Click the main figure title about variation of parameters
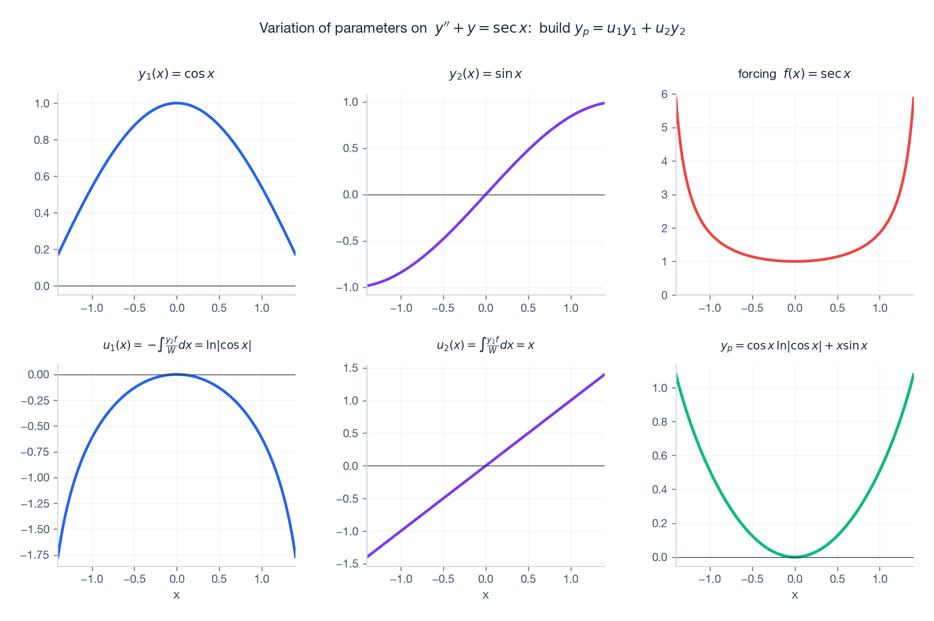pyautogui.click(x=472, y=28)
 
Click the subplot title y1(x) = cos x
pyautogui.click(x=176, y=74)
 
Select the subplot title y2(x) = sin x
pyautogui.click(x=485, y=74)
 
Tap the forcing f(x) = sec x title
pyautogui.click(x=794, y=74)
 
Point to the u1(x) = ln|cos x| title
pyautogui.click(x=177, y=345)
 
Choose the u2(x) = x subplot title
pyautogui.click(x=485, y=345)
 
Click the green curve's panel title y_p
pyautogui.click(x=794, y=346)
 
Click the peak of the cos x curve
pyautogui.click(x=177, y=103)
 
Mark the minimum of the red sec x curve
pyautogui.click(x=795, y=261)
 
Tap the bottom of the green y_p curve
pyautogui.click(x=795, y=557)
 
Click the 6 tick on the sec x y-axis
pyautogui.click(x=664, y=94)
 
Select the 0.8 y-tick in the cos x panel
pyautogui.click(x=42, y=140)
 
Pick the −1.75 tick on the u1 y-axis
pyautogui.click(x=35, y=555)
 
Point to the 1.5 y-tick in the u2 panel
pyautogui.click(x=351, y=368)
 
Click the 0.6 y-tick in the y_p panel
pyautogui.click(x=660, y=456)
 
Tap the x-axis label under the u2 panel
pyautogui.click(x=485, y=595)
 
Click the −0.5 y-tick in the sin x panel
pyautogui.click(x=347, y=241)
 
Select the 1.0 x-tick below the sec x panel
pyautogui.click(x=879, y=308)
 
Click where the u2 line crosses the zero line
pyautogui.click(x=485, y=466)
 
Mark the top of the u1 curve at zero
pyautogui.click(x=177, y=375)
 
